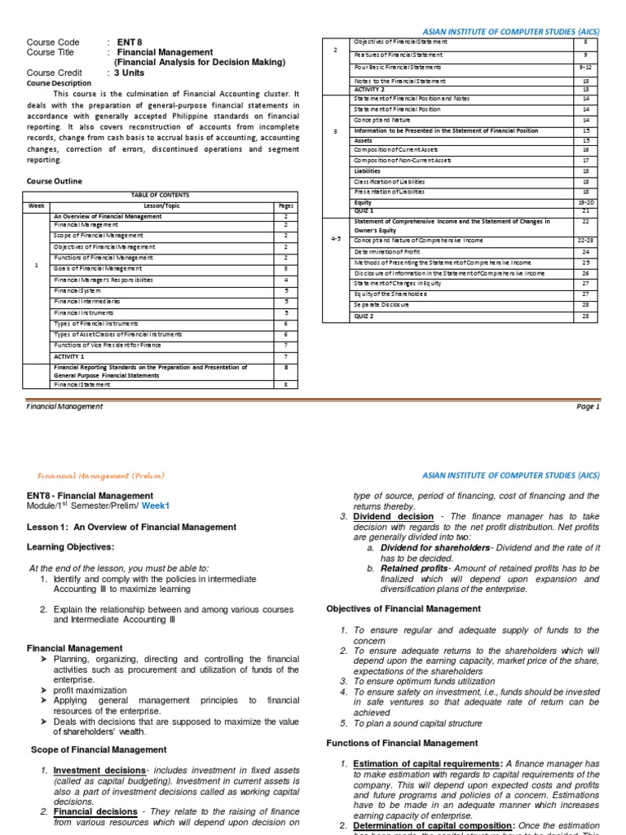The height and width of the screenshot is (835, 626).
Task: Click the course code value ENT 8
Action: click(130, 42)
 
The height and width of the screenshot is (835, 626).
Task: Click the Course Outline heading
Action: click(54, 181)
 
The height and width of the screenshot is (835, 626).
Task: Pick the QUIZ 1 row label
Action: click(364, 210)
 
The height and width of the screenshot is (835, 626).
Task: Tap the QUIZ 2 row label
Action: click(364, 316)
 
